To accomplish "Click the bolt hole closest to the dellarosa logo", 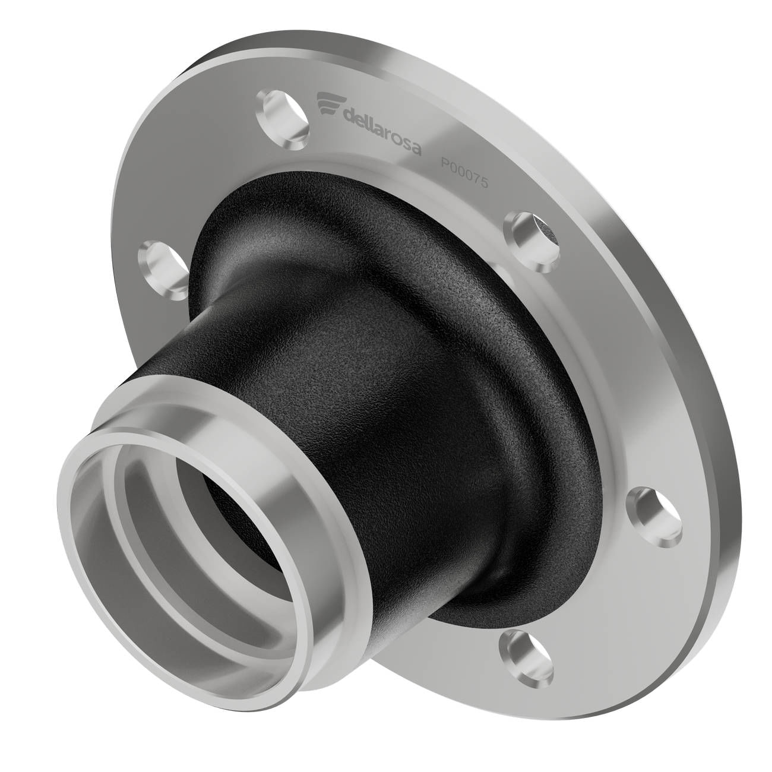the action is [283, 119].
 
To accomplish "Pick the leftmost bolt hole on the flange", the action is [163, 270].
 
